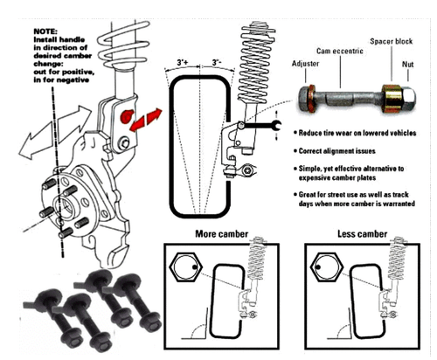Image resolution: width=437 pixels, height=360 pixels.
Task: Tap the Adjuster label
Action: (x=304, y=64)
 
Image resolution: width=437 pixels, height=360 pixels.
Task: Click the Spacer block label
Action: (x=395, y=40)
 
